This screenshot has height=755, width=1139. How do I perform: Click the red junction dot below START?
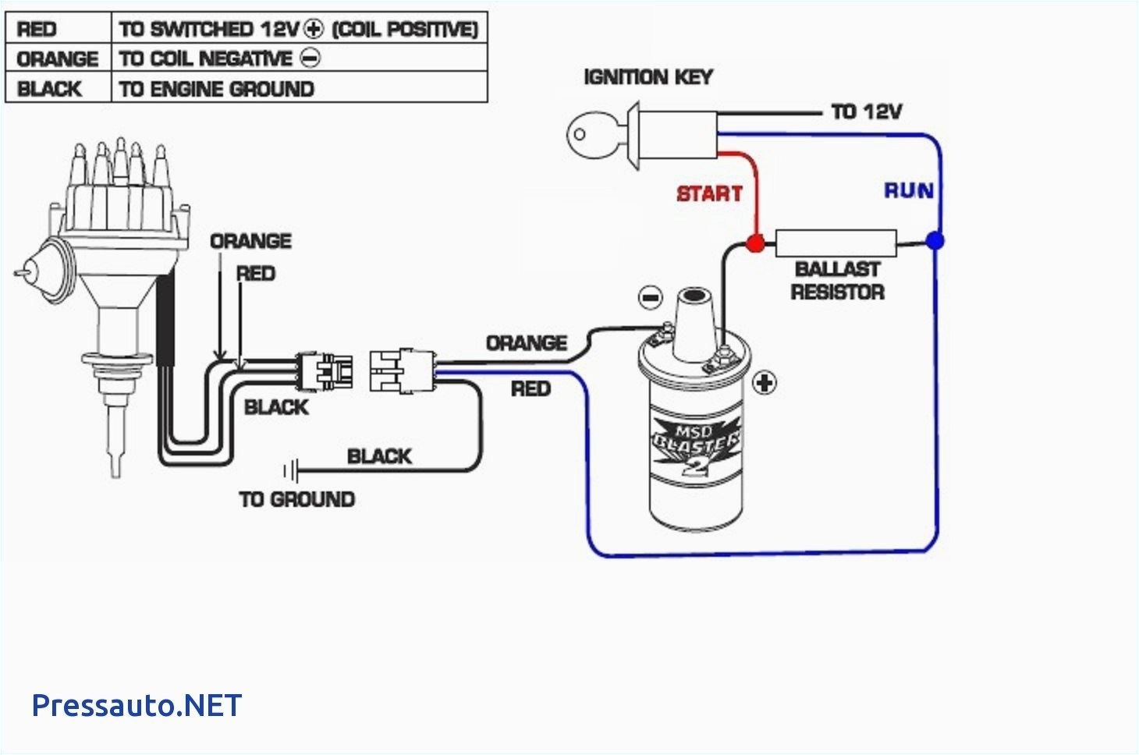[x=754, y=243]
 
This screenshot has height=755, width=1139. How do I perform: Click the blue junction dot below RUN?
[x=935, y=240]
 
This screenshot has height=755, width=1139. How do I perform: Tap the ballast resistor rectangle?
[x=836, y=243]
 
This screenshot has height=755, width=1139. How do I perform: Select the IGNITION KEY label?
[x=648, y=77]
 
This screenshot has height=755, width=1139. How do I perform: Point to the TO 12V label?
[x=866, y=112]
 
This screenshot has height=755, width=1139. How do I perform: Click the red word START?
[x=709, y=193]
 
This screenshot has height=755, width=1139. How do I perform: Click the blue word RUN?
[x=908, y=190]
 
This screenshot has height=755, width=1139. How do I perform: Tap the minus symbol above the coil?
[x=650, y=297]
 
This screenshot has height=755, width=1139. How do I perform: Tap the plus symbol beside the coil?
[x=764, y=382]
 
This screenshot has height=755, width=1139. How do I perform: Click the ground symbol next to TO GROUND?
[x=290, y=470]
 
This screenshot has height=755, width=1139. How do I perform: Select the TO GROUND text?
[x=296, y=499]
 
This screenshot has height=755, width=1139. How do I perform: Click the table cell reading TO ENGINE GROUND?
[x=217, y=89]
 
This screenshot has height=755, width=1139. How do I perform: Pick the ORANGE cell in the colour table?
[x=57, y=58]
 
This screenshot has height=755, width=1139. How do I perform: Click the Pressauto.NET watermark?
[x=137, y=705]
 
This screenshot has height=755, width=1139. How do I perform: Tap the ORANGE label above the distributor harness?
[x=250, y=241]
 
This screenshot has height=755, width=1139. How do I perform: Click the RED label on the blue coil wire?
[x=530, y=388]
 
